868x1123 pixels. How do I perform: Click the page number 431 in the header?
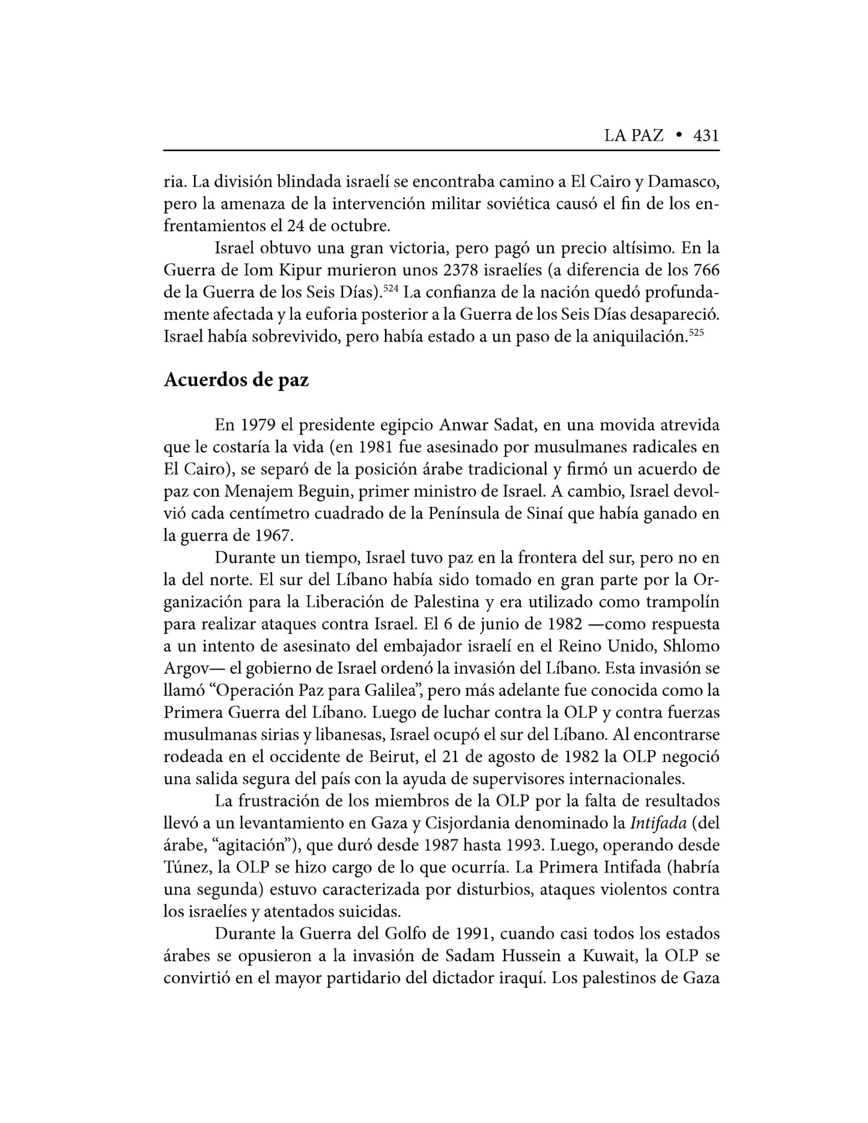[706, 136]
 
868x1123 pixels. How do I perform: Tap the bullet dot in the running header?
[678, 136]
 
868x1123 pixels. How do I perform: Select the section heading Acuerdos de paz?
[236, 380]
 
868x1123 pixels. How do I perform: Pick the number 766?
[706, 270]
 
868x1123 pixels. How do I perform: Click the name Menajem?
[259, 492]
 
